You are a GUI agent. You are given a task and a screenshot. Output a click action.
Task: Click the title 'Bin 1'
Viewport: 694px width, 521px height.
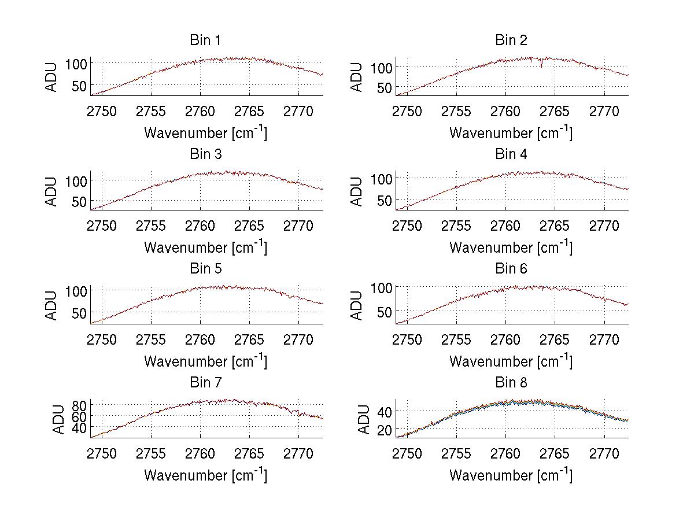[x=205, y=40]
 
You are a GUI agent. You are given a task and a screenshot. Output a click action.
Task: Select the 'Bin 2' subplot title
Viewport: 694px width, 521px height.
[x=511, y=40]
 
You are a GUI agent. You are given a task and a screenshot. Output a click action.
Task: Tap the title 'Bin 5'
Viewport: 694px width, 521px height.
[x=205, y=269]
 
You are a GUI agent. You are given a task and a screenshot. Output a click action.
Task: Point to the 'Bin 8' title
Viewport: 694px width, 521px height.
[x=511, y=383]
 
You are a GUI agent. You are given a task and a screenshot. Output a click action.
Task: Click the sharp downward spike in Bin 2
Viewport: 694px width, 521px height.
[x=541, y=65]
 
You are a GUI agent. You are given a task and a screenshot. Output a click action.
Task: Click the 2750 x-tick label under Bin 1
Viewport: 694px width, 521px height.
[x=102, y=112]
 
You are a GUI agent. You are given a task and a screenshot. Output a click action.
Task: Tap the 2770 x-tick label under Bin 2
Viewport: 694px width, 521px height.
[x=604, y=112]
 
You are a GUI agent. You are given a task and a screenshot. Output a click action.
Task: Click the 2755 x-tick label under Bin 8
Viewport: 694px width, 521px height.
[x=456, y=454]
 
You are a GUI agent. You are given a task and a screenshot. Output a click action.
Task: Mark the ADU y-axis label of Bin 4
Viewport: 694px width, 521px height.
[x=357, y=191]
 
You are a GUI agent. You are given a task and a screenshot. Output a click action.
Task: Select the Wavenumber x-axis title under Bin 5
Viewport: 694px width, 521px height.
[x=205, y=361]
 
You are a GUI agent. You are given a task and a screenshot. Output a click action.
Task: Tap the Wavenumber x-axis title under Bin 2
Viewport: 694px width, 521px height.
[x=511, y=133]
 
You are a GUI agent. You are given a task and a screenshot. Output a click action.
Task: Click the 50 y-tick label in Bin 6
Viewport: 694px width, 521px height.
[x=383, y=311]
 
